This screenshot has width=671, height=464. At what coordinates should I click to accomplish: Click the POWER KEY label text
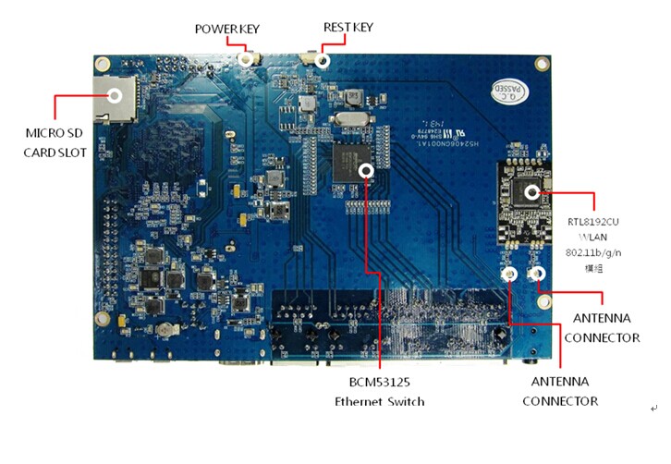[x=226, y=29]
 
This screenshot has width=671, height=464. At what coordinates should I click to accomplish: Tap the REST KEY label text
[x=348, y=28]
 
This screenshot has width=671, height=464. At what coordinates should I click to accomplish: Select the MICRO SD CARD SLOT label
[x=55, y=142]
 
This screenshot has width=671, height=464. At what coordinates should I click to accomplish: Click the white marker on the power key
[x=247, y=59]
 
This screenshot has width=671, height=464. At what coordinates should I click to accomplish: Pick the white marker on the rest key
[x=323, y=61]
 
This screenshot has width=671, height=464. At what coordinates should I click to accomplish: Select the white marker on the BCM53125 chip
[x=367, y=170]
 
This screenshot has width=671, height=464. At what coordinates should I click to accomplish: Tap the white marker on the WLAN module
[x=532, y=192]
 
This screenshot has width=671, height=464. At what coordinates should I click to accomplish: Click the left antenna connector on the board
[x=508, y=275]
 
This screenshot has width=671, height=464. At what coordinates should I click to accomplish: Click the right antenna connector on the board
[x=535, y=274]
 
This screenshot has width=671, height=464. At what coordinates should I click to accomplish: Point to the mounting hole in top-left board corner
[x=103, y=65]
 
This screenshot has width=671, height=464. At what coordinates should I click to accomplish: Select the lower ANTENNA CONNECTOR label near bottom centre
[x=560, y=391]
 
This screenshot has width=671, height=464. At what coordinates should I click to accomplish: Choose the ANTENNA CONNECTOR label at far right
[x=602, y=328]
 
